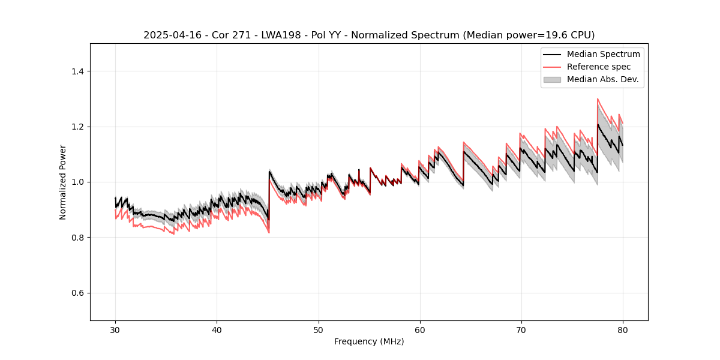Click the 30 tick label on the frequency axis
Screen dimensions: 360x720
pos(115,329)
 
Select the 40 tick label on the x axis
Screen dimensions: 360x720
pos(217,329)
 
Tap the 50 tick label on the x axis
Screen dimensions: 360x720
pos(318,329)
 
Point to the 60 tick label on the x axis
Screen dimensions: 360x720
pos(419,329)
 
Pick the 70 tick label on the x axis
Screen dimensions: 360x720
pos(521,329)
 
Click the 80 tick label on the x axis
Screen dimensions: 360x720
pos(622,329)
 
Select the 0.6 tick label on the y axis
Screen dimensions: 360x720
pos(77,293)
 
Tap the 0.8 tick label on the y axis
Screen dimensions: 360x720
pos(77,238)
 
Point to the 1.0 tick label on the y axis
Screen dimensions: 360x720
pos(77,182)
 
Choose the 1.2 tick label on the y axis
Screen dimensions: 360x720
pos(77,127)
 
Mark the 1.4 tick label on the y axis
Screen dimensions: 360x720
pos(77,71)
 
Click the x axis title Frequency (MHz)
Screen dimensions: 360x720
pos(369,341)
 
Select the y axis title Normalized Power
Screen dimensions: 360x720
pos(63,182)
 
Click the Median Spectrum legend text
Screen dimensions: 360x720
pos(603,54)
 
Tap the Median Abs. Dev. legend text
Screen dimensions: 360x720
pos(602,79)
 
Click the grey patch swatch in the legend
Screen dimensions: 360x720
pos(552,79)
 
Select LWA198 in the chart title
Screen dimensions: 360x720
pos(272,35)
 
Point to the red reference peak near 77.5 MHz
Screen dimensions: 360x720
pos(598,99)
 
